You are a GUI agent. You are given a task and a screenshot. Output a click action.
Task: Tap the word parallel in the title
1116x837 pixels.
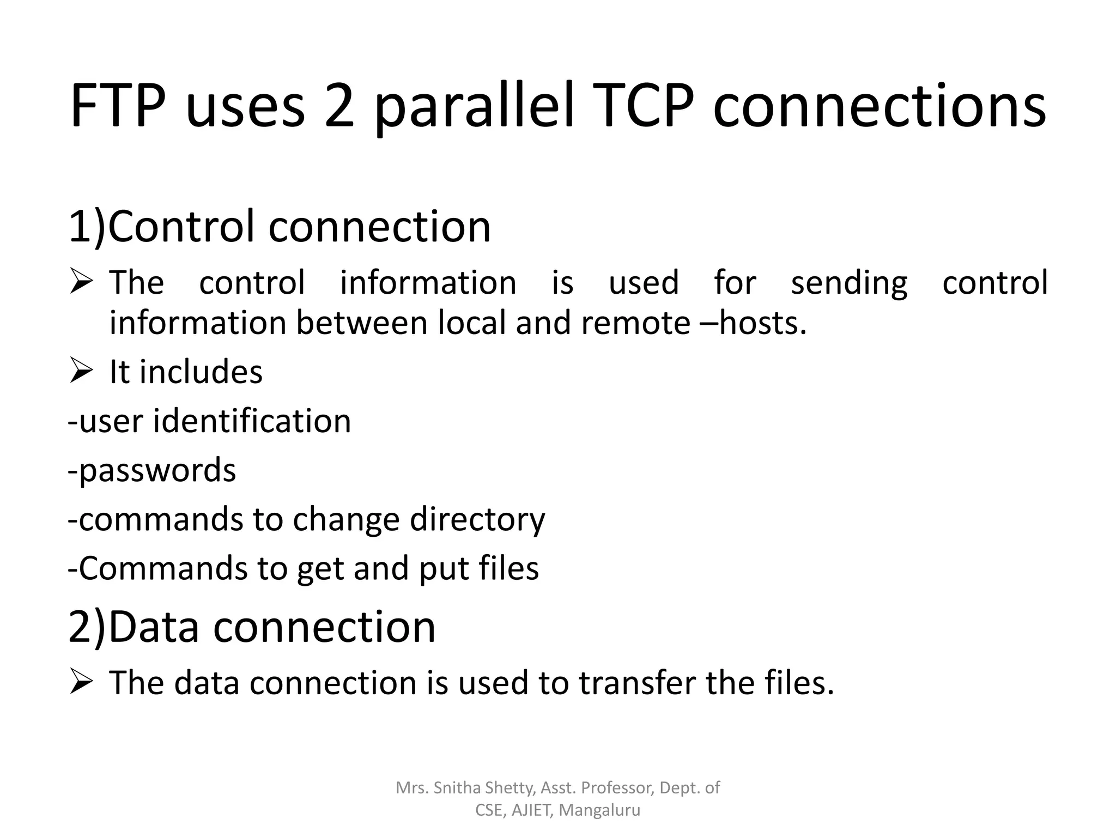click(474, 107)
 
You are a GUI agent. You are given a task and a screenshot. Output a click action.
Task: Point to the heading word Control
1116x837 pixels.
click(182, 226)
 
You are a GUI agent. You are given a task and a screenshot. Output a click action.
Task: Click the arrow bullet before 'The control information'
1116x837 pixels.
click(80, 282)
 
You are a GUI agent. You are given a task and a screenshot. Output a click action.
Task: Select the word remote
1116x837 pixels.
click(635, 323)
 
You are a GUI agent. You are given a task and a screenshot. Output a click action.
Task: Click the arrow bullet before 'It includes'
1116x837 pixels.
click(80, 372)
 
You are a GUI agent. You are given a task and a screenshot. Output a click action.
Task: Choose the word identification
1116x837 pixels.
click(252, 421)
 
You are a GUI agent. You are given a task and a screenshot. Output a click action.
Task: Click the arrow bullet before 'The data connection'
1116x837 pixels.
click(80, 682)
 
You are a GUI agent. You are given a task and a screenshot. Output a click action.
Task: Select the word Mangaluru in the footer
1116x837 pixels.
click(599, 810)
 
